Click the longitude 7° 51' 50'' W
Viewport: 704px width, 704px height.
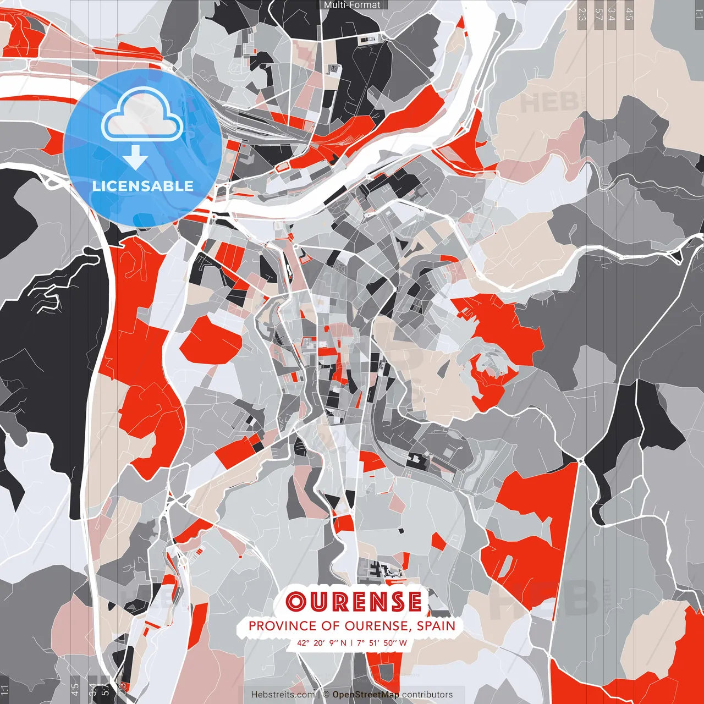click(382, 642)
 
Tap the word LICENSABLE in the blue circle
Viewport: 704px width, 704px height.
click(143, 186)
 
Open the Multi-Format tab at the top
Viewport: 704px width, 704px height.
click(352, 5)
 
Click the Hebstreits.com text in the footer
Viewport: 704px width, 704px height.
click(283, 695)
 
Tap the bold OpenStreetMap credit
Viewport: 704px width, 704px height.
click(366, 695)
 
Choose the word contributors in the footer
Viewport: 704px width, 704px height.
click(427, 695)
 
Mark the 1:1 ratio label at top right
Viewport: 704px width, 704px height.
click(698, 12)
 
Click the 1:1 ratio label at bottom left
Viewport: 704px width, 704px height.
click(5, 690)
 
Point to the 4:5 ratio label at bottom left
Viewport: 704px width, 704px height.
click(75, 689)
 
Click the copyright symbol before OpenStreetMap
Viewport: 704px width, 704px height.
click(326, 695)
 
